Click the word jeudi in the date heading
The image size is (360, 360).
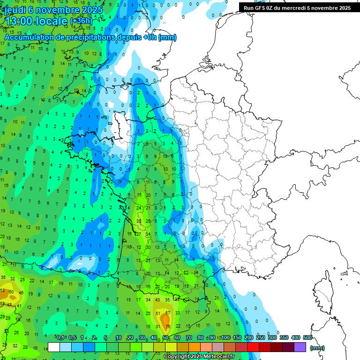15,9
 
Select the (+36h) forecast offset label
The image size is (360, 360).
81,21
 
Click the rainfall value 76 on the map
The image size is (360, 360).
167,326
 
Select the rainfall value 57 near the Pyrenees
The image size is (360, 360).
168,313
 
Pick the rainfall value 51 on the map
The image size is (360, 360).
158,313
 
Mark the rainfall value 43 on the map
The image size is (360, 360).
158,300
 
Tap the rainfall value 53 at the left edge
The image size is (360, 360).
3,291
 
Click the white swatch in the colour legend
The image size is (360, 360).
54,347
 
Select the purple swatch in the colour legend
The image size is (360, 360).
300,347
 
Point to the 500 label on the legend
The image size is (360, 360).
307,337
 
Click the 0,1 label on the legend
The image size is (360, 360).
60,337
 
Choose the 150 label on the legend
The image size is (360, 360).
237,337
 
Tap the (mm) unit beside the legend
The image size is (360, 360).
317,348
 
